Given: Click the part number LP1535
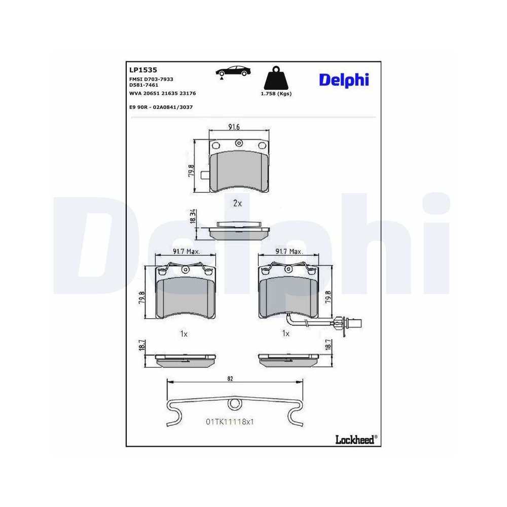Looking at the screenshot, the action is (143, 70).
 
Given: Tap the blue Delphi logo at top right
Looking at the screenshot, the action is (344, 80).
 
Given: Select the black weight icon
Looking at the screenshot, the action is (276, 78).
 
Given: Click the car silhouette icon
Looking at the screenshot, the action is (233, 71).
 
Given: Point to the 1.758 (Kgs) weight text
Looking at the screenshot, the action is (276, 94).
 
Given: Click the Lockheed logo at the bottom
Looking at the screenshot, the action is (356, 440).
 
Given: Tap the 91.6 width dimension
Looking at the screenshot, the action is (234, 127).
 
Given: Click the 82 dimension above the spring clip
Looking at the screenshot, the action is (230, 379).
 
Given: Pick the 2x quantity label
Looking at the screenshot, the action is (237, 203).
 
